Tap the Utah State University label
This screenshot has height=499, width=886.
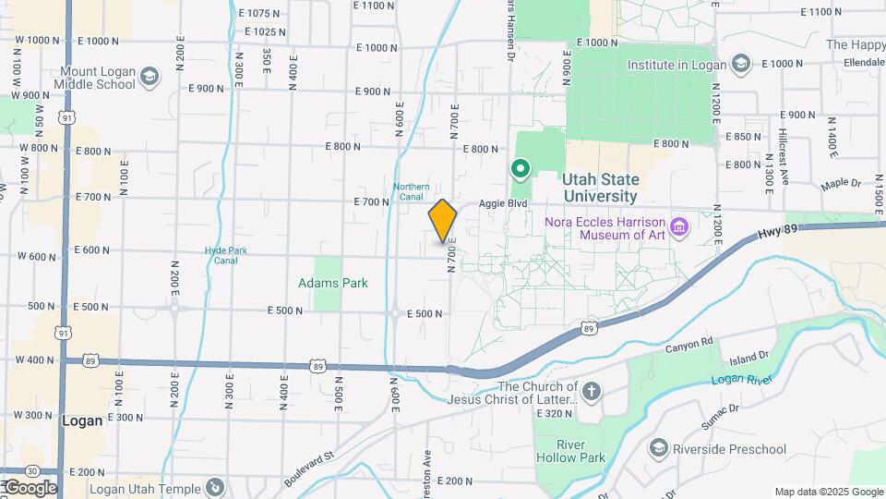pos(601,188)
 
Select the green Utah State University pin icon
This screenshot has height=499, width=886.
pos(520,169)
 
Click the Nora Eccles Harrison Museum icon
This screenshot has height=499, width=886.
pos(679,225)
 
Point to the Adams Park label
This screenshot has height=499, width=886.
pos(333,283)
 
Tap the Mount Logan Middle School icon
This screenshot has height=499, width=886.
pos(150,84)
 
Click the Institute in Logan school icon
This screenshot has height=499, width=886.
pos(740,64)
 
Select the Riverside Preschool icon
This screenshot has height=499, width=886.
pos(658,449)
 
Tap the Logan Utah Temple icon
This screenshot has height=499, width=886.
pos(214,486)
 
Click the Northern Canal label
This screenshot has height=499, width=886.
pos(412,191)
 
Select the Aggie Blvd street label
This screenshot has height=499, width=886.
pos(503,202)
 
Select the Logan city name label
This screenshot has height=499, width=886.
pos(82,420)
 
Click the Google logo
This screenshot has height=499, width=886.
pos(30,488)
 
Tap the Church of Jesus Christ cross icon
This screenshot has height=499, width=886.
pos(591,392)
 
